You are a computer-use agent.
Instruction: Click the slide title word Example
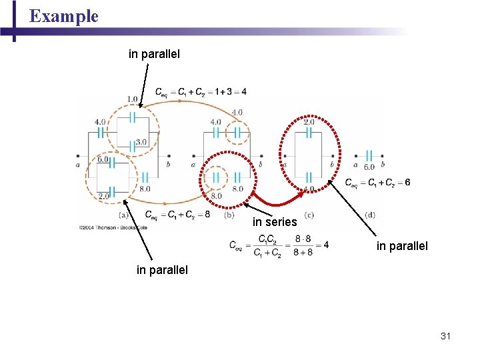point(64,16)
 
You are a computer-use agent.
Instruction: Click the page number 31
point(445,336)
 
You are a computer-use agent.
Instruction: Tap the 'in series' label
point(275,222)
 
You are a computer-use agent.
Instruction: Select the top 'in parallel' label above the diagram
point(154,53)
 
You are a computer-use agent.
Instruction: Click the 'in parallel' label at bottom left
point(162,270)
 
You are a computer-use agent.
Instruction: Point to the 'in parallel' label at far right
point(402,246)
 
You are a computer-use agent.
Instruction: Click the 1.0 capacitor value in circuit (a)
point(132,99)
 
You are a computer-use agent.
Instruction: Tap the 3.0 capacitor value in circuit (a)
point(141,142)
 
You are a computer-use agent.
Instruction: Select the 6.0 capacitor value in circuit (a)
point(103,159)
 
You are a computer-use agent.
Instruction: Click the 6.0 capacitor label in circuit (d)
point(369,167)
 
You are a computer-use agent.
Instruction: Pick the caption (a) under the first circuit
point(123,215)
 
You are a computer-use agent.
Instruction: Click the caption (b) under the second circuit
point(229,215)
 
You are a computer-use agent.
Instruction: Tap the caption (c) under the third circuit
point(309,215)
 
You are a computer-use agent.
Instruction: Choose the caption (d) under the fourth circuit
point(370,215)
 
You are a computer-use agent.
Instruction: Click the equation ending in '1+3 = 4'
point(201,91)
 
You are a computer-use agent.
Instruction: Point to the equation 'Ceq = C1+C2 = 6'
point(377,183)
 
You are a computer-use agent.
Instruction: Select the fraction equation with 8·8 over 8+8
point(279,245)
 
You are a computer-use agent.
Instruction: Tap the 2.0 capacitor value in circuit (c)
point(309,122)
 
